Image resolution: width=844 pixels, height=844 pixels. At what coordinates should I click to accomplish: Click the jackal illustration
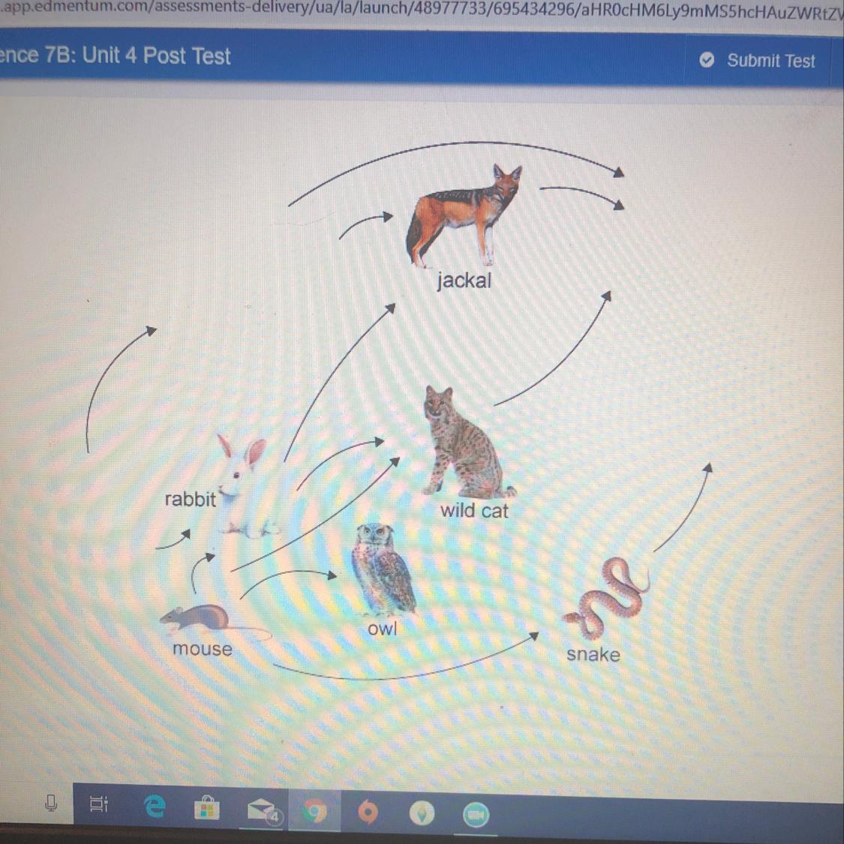click(x=464, y=216)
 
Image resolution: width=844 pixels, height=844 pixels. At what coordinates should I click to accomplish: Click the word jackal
click(x=464, y=281)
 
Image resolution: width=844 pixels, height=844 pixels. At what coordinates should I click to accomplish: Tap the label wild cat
click(x=474, y=510)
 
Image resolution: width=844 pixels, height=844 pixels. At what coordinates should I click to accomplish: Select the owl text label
click(x=382, y=628)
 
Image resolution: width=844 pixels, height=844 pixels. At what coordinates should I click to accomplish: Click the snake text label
click(x=593, y=654)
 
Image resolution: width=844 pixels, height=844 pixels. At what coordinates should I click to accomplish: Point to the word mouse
click(x=203, y=649)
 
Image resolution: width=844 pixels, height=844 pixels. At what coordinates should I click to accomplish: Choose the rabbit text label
click(x=190, y=499)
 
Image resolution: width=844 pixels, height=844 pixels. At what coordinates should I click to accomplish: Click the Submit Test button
click(x=757, y=60)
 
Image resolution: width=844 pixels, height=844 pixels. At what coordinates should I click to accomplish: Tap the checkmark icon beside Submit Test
click(x=707, y=60)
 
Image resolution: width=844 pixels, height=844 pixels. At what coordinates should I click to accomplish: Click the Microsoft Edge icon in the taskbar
click(x=155, y=806)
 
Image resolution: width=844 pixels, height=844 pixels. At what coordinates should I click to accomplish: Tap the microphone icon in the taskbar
click(x=51, y=803)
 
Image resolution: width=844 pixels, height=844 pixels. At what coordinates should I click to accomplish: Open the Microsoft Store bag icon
click(x=207, y=807)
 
